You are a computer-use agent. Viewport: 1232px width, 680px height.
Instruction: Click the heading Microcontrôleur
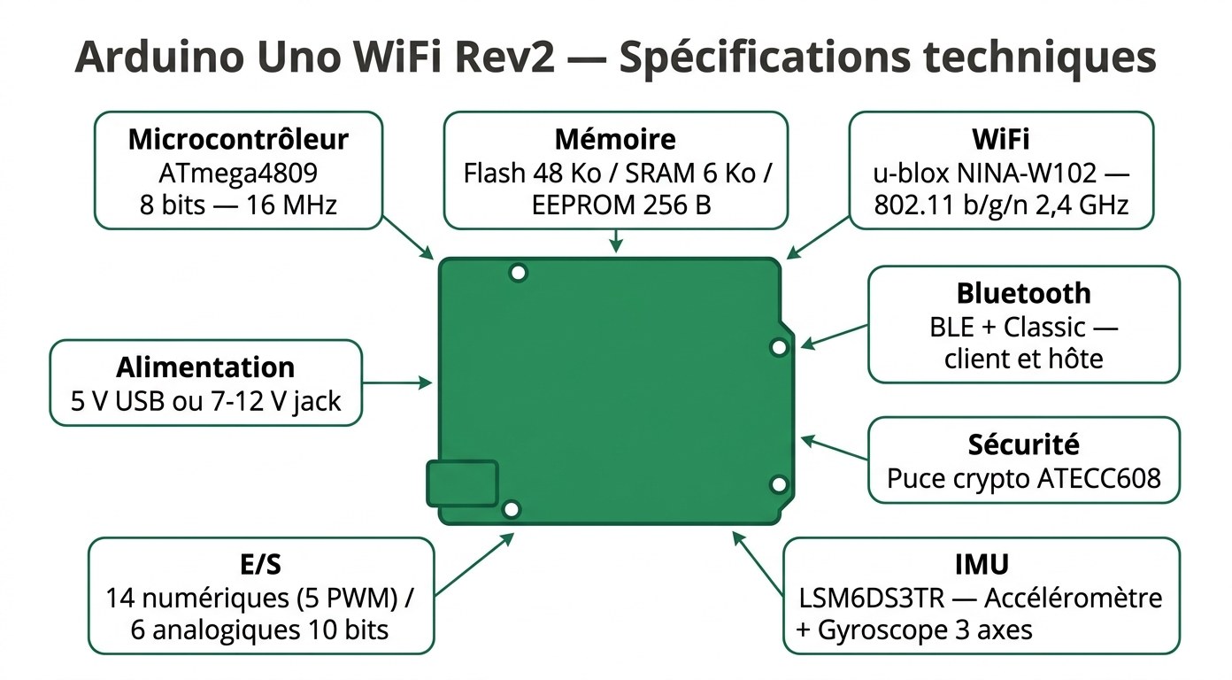238,139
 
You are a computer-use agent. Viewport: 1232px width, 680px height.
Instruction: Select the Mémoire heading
615,139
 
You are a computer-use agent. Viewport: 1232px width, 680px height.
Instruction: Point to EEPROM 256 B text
621,205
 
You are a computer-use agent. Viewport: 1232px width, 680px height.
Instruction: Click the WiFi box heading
1000,139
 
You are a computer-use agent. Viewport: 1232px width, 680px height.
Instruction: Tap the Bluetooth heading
1023,293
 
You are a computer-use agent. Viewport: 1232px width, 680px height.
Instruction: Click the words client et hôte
1023,359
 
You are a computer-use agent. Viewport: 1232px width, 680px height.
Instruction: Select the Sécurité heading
1023,444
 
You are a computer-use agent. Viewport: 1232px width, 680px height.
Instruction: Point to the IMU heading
982,564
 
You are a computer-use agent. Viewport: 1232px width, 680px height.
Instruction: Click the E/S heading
261,564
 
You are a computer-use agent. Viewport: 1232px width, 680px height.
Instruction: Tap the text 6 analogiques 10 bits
259,630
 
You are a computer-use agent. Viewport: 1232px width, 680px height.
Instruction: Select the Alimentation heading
205,367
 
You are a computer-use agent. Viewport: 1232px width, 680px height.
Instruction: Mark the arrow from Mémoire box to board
616,241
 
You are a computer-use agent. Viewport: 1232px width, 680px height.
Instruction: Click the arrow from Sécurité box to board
834,446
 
